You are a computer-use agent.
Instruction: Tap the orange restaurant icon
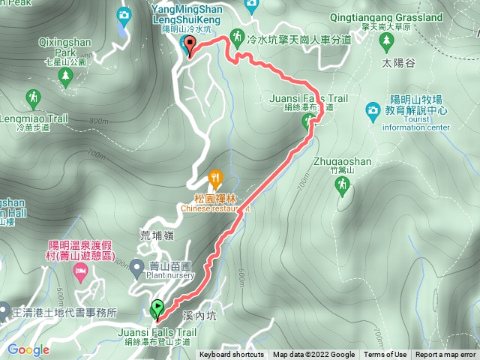(x=216, y=178)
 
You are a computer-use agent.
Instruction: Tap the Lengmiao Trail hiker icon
(x=33, y=97)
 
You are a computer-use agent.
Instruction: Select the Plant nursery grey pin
(x=136, y=266)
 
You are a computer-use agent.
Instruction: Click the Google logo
(x=28, y=349)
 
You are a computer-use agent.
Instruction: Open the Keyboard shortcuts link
(x=232, y=355)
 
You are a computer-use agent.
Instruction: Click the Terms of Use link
(x=385, y=355)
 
